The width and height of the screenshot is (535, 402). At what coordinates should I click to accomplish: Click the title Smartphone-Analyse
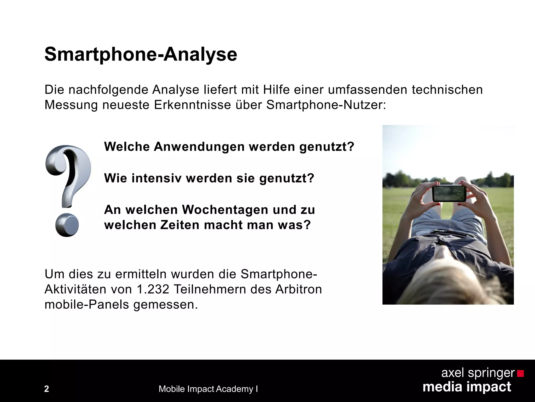[x=141, y=54]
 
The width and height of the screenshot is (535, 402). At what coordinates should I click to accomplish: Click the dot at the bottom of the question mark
[x=67, y=225]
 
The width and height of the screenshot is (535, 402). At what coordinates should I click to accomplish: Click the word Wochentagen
[x=225, y=210]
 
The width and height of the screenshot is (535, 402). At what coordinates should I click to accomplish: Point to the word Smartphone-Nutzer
[x=325, y=105]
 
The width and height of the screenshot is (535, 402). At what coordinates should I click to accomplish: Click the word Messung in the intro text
[x=71, y=105]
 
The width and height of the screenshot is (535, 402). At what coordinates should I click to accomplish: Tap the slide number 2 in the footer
[x=46, y=389]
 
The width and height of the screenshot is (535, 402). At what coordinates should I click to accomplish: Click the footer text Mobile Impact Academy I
[x=208, y=389]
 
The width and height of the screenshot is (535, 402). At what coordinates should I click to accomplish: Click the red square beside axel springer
[x=520, y=373]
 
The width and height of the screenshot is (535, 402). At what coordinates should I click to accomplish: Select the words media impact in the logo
[x=467, y=387]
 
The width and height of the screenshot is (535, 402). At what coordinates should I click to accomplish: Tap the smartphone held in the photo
[x=449, y=193]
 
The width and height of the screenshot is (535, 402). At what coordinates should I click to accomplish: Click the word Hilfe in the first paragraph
[x=276, y=90]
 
